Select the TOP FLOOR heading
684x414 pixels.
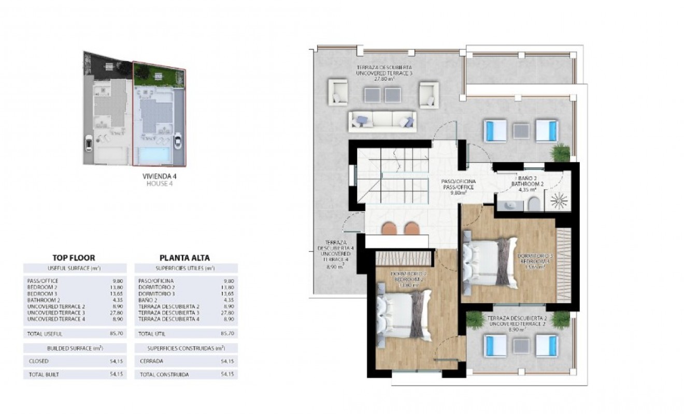(x=74, y=257)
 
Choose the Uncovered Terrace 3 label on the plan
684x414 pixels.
(x=383, y=73)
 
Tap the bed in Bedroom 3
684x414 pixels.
(x=490, y=261)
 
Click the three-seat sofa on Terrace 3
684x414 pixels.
(x=382, y=120)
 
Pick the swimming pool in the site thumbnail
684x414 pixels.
(x=153, y=154)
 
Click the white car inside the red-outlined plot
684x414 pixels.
(x=178, y=140)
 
